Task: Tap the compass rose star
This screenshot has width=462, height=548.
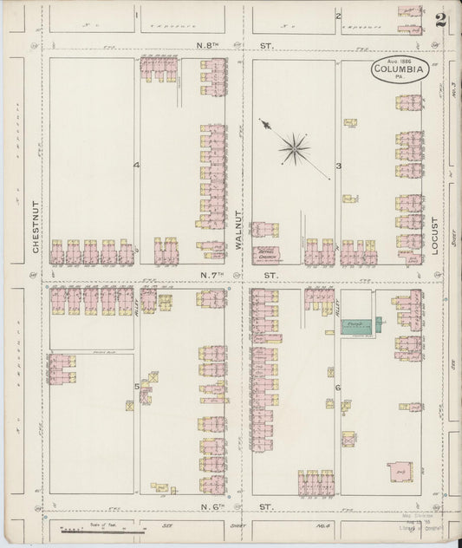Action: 296,149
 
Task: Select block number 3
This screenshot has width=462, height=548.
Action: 339,165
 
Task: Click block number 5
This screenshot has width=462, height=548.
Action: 136,386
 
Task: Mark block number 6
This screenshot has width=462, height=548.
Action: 338,388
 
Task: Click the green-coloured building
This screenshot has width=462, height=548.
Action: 355,327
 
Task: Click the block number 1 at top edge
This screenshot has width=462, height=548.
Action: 136,15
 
